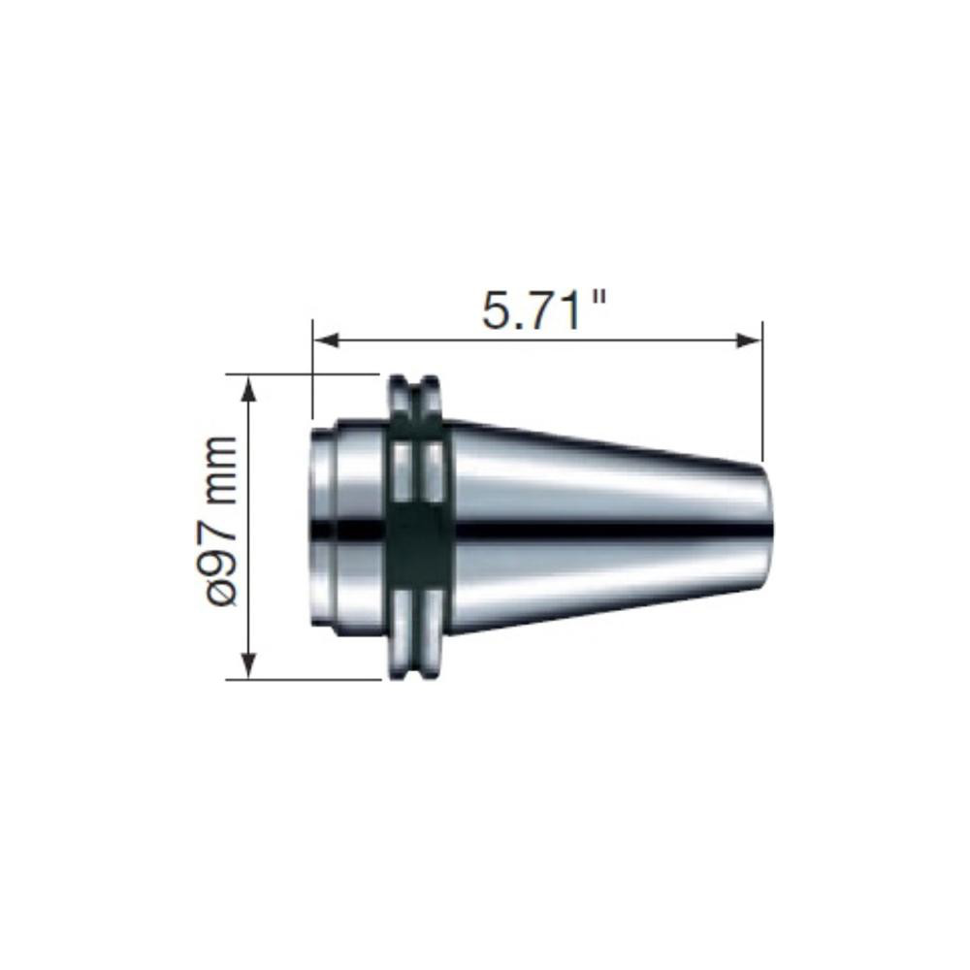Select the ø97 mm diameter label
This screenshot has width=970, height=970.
point(222,521)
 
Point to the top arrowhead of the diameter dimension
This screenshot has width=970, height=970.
point(250,386)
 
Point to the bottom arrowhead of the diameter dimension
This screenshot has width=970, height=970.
point(250,666)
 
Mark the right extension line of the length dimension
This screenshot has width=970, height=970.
point(761,388)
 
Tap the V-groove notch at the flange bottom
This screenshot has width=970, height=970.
point(418,669)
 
